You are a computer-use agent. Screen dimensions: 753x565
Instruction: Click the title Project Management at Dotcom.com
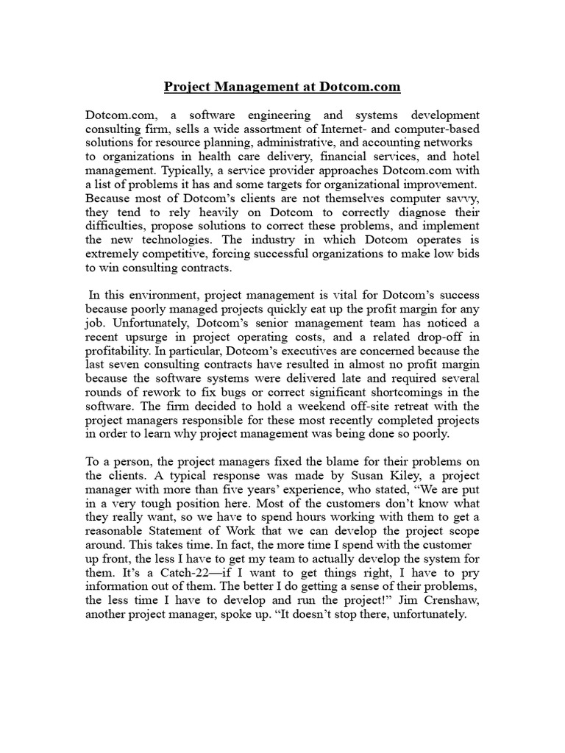(282, 87)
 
